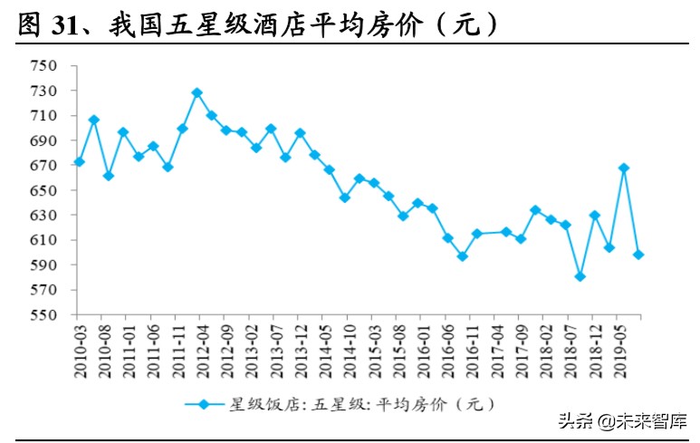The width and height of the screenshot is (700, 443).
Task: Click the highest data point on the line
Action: [197, 92]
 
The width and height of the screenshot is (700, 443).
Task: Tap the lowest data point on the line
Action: [580, 276]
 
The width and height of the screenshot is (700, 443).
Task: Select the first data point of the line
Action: [79, 161]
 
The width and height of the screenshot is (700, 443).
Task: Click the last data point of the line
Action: [639, 255]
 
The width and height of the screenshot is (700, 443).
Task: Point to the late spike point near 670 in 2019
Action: [624, 168]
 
